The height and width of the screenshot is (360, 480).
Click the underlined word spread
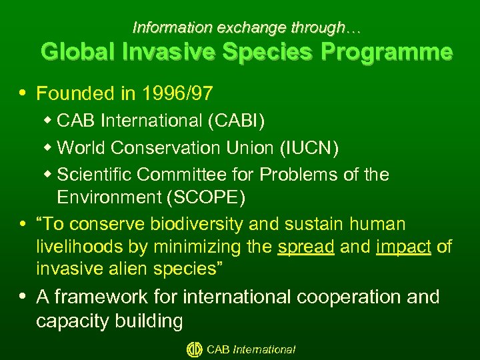306,247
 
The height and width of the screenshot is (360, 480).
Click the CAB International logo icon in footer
194,349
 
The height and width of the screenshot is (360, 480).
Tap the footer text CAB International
251,349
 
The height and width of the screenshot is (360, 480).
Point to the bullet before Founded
25,94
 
